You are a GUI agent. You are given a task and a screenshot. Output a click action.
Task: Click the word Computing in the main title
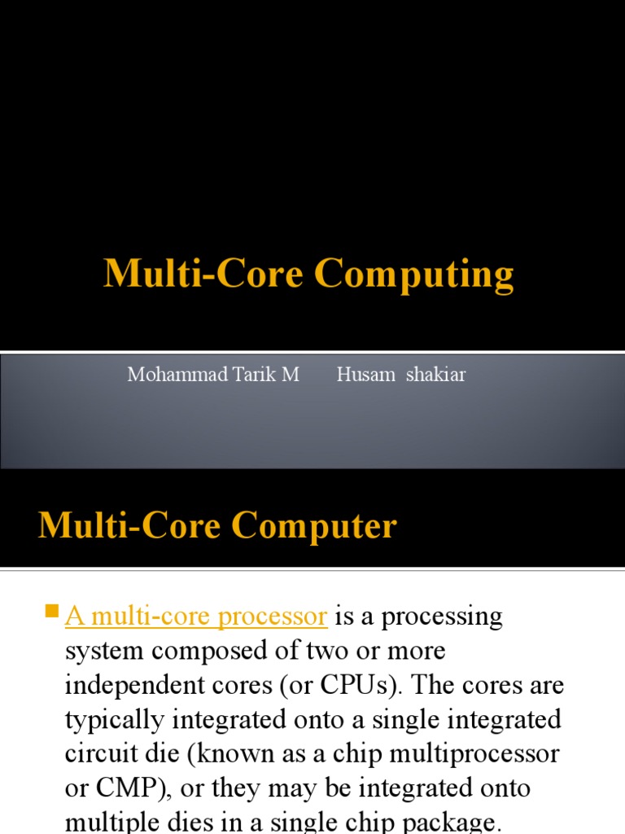414,275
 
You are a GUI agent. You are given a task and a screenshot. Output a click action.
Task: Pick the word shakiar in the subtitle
436,375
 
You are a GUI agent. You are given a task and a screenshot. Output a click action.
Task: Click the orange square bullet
53,610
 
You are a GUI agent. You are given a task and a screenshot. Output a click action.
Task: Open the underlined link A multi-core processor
196,617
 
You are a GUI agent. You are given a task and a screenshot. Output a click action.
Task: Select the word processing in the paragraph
442,617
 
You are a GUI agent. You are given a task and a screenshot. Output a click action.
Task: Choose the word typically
114,719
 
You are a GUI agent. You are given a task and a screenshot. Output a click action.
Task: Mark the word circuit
97,753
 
